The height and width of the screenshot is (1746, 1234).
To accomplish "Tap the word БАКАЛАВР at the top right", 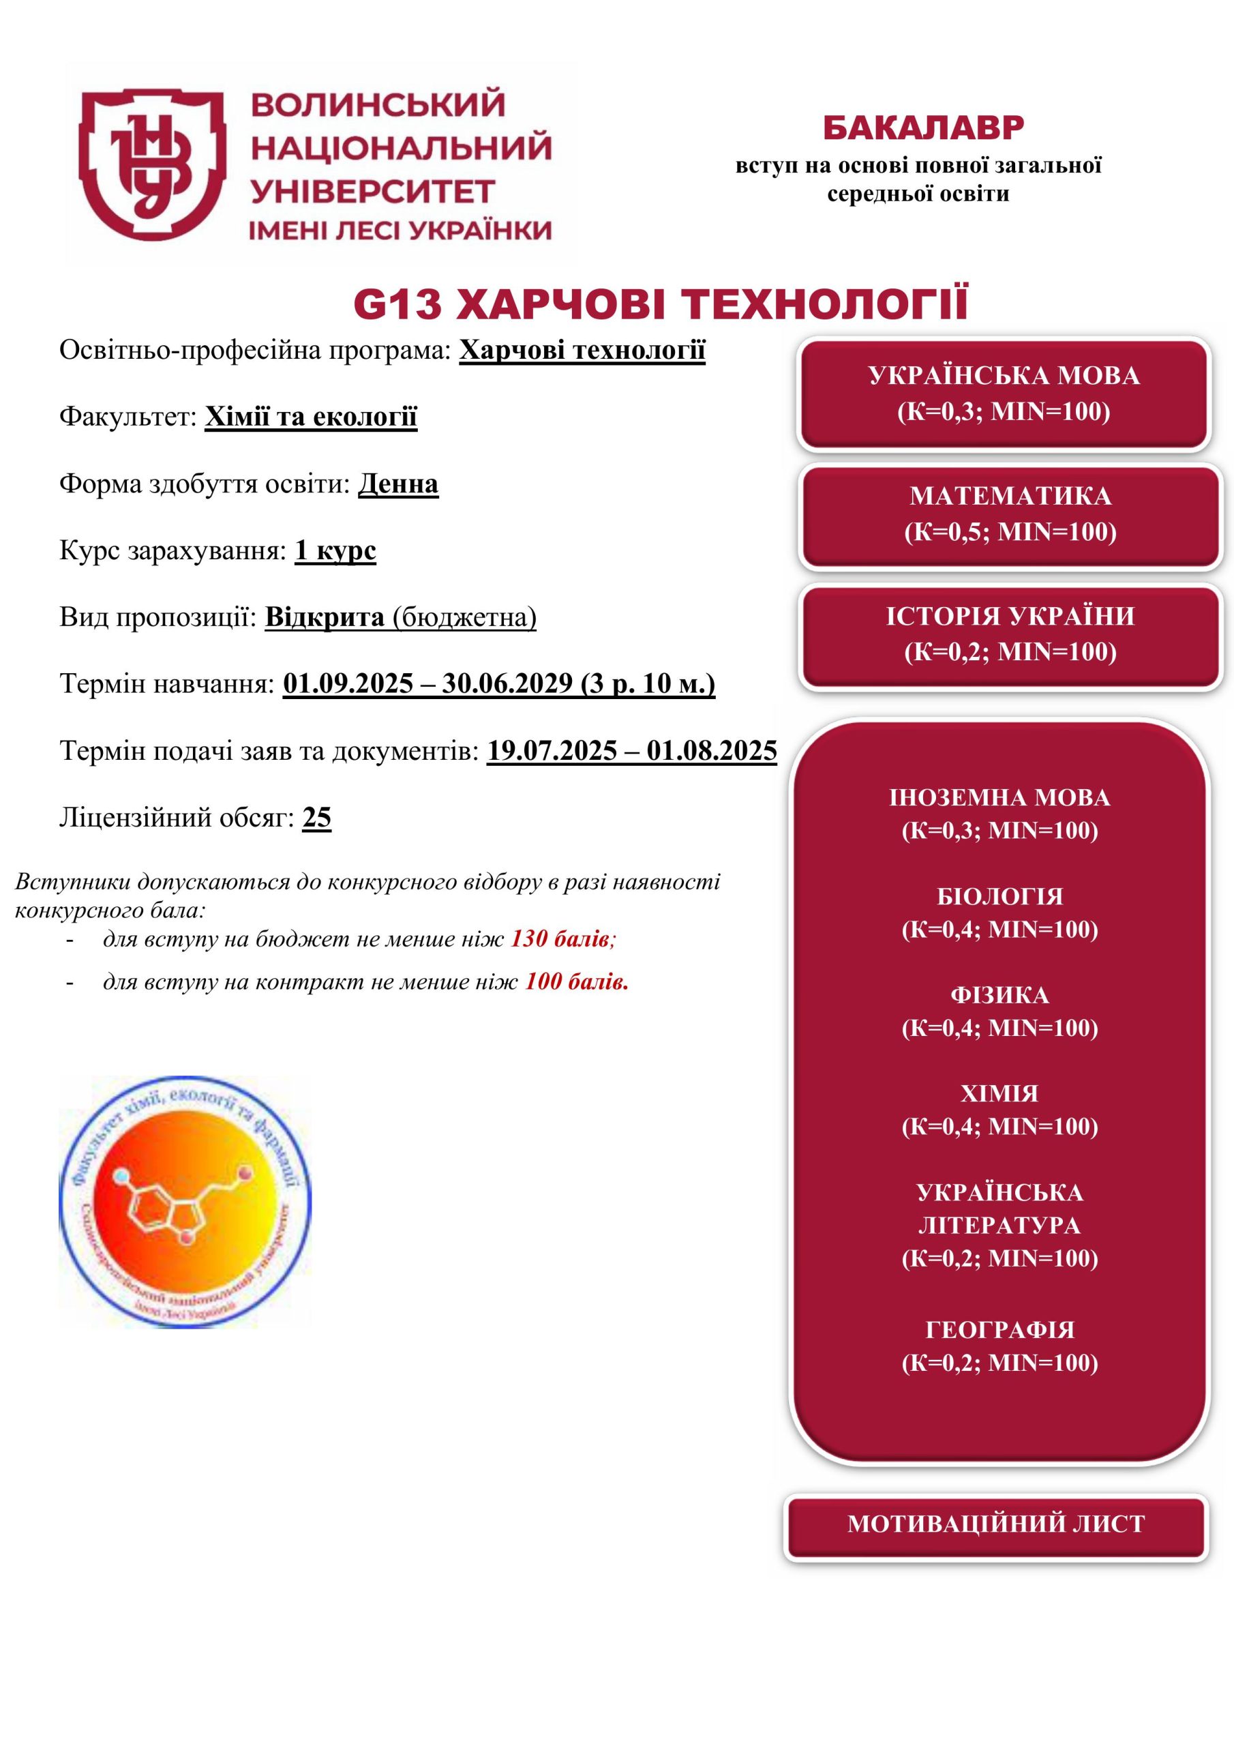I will pyautogui.click(x=923, y=128).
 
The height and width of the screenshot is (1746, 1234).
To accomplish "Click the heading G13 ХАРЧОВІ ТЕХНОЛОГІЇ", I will pyautogui.click(x=661, y=304).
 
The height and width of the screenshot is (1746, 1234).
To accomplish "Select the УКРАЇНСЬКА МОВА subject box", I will pyautogui.click(x=1004, y=394).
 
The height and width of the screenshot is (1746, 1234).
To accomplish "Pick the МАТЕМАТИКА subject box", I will pyautogui.click(x=1010, y=514).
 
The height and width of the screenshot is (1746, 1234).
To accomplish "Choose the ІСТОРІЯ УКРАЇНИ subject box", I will pyautogui.click(x=1010, y=634).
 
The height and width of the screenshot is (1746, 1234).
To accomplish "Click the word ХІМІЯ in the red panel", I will pyautogui.click(x=1000, y=1093).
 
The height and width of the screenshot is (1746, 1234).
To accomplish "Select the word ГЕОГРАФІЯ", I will pyautogui.click(x=1000, y=1330).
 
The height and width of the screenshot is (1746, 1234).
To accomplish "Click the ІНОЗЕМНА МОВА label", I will pyautogui.click(x=1000, y=798).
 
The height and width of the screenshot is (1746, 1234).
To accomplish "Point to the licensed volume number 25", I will pyautogui.click(x=317, y=818).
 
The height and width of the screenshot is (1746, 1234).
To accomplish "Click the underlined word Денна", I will pyautogui.click(x=398, y=484).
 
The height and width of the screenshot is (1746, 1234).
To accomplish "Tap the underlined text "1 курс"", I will pyautogui.click(x=335, y=550).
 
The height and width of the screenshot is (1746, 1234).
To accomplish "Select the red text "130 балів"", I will pyautogui.click(x=561, y=939).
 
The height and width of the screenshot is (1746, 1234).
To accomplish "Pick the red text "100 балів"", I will pyautogui.click(x=576, y=981).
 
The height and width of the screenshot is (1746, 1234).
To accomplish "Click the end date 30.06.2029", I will pyautogui.click(x=507, y=683).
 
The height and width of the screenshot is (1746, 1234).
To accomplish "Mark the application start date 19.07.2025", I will pyautogui.click(x=552, y=750).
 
